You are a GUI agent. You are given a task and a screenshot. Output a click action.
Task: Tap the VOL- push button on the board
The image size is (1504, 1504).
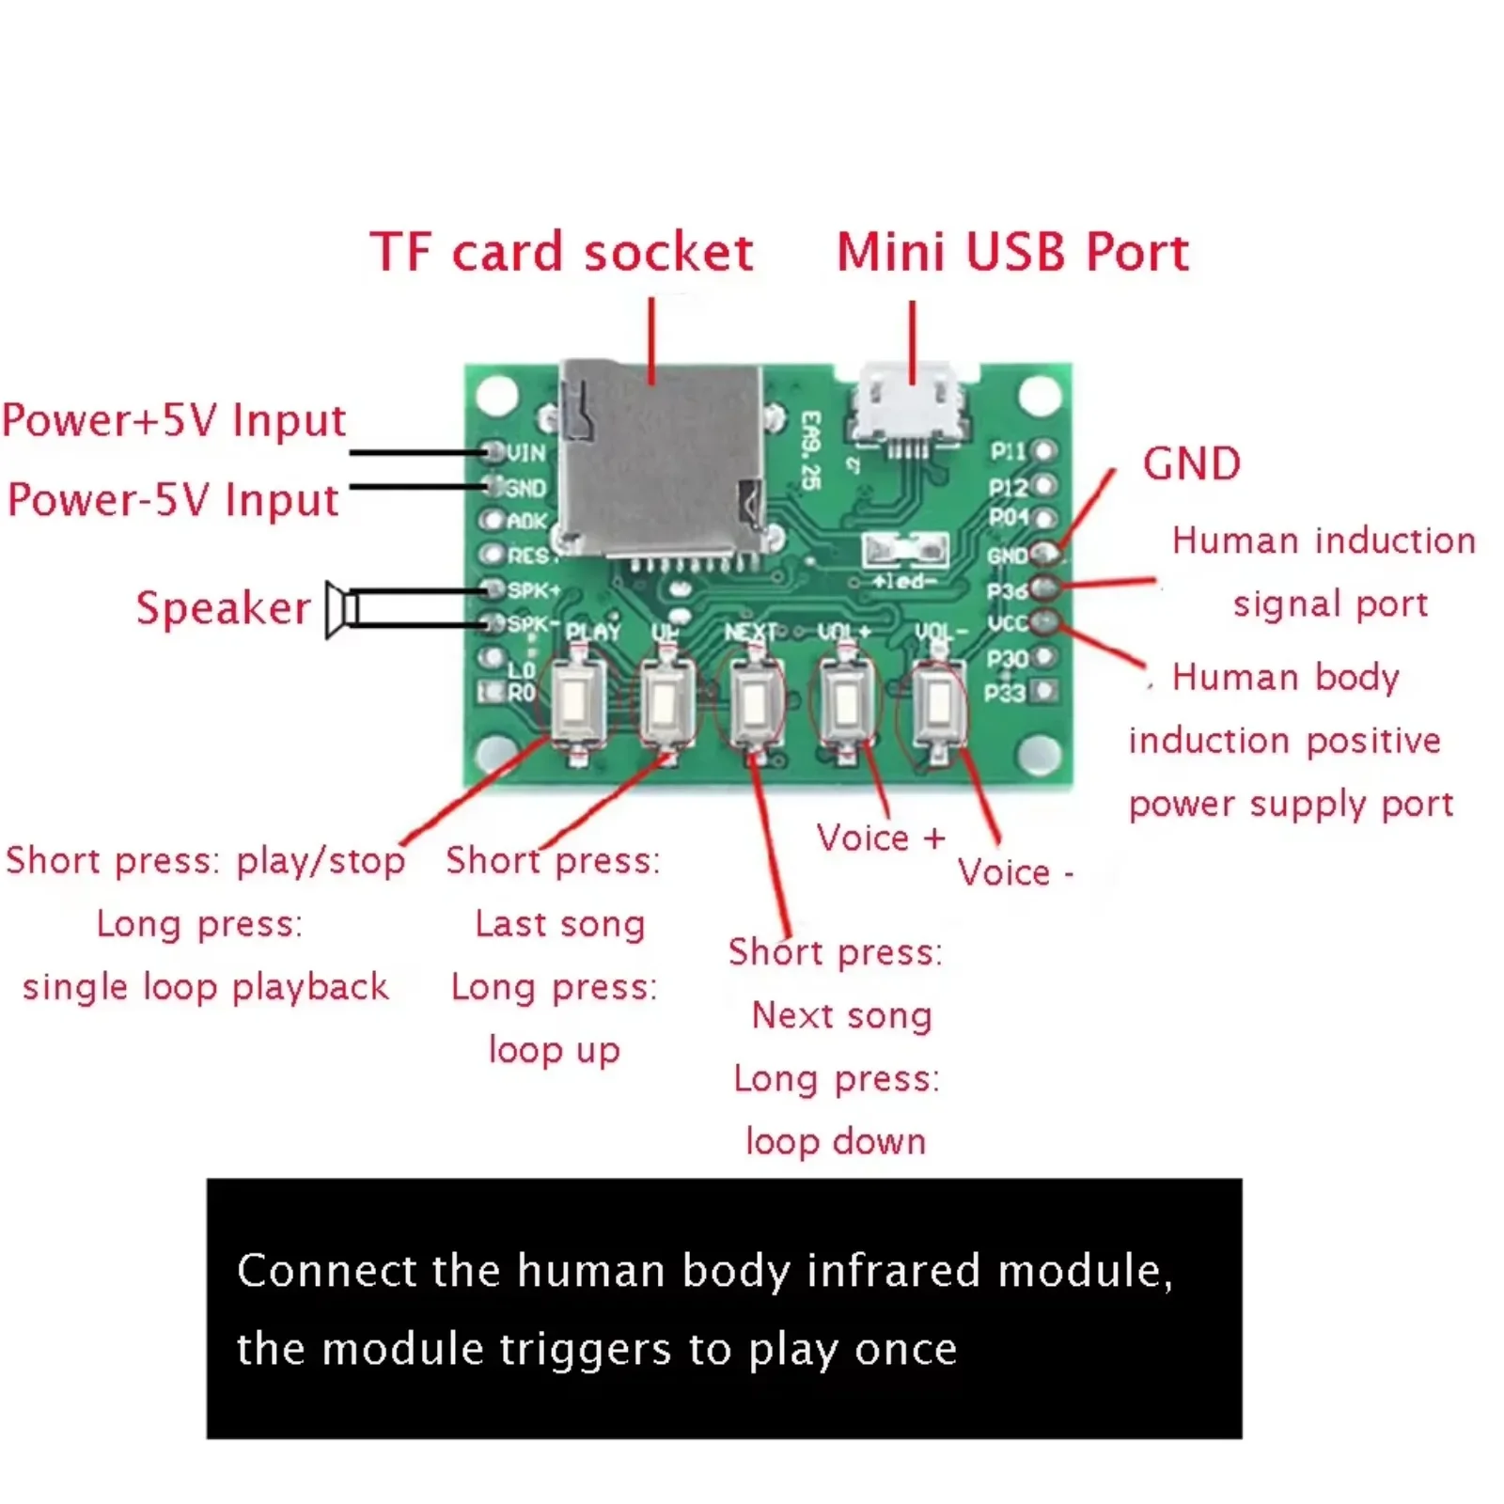coord(938,703)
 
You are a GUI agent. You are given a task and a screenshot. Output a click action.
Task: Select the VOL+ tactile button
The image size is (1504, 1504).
coord(847,702)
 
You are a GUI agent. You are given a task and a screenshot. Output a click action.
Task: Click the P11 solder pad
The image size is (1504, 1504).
coord(1044,452)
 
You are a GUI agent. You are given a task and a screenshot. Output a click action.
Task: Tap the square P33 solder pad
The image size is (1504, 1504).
coord(1044,691)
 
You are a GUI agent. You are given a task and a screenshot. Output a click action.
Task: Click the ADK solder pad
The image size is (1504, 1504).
coord(492,520)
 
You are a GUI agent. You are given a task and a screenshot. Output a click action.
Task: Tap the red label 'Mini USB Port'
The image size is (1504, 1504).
coord(1012,253)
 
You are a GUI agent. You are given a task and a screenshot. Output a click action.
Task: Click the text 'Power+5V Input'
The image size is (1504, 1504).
coord(174,420)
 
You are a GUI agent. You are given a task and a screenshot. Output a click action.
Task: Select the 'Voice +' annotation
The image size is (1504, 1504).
coord(880,838)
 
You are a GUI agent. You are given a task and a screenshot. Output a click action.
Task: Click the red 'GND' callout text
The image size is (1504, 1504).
coord(1191,464)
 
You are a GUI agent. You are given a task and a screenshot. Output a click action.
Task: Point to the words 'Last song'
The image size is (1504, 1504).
coord(560,924)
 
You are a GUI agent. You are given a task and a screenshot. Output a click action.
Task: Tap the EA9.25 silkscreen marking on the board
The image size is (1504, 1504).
coord(810,449)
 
